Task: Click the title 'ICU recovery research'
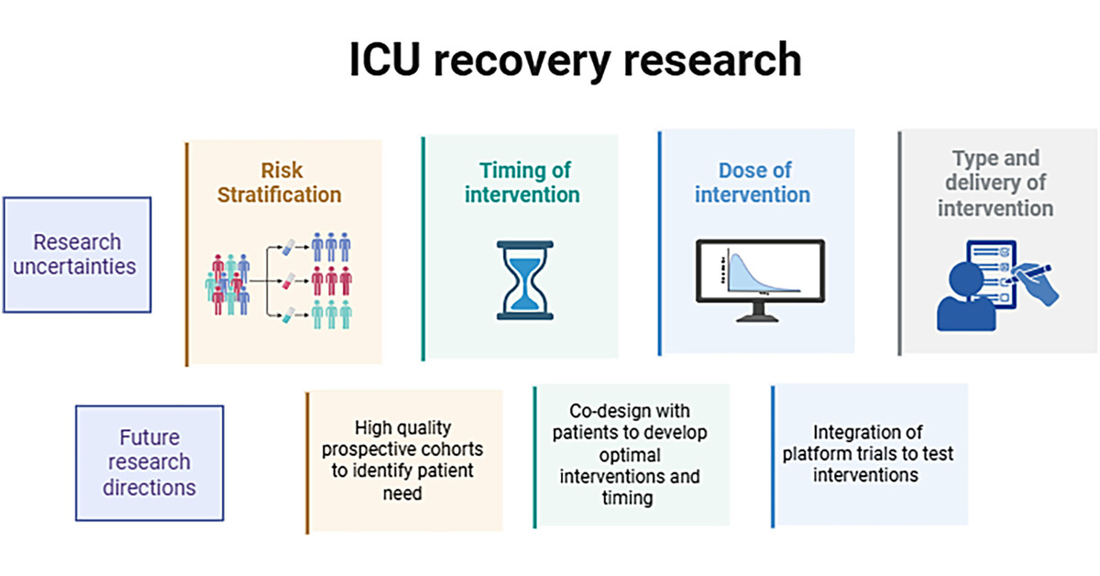pos(575,61)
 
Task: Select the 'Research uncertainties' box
pos(77,255)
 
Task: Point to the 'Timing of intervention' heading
pos(523,183)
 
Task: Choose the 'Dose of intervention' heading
pos(752,183)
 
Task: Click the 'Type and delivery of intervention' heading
pos(995,183)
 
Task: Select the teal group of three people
pos(331,315)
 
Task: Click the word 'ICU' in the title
pos(386,61)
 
